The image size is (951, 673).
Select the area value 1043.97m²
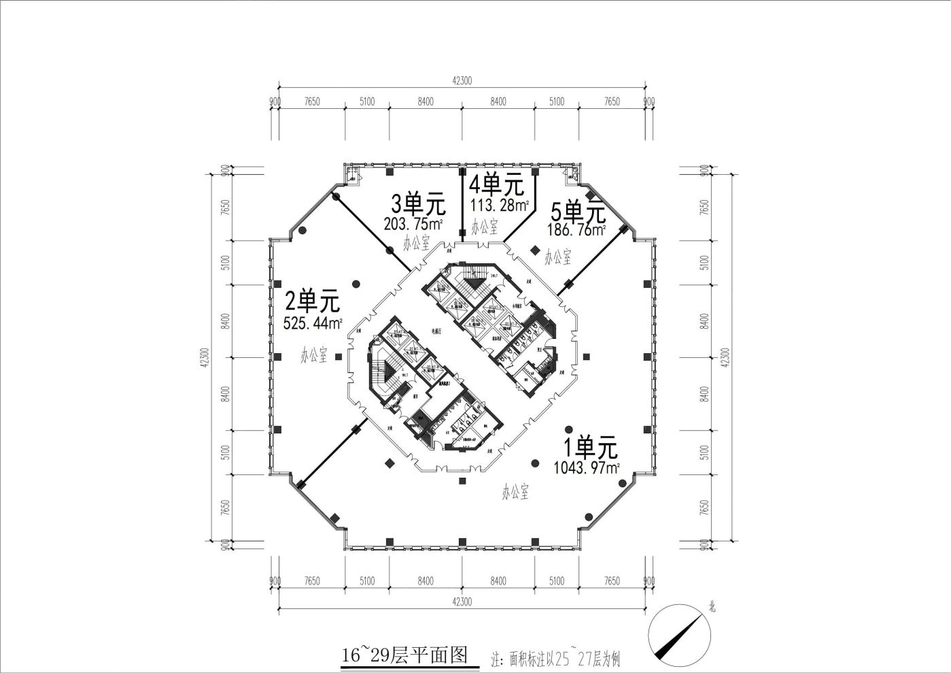click(587, 468)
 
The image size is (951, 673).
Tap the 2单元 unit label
click(312, 301)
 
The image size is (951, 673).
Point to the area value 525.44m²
click(313, 323)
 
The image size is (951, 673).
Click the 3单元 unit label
click(417, 204)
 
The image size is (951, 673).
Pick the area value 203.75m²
click(414, 224)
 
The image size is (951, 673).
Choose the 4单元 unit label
click(497, 184)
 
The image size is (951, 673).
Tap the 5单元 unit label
click(578, 212)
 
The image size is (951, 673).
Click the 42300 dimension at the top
click(462, 80)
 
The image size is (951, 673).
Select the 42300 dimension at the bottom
click(462, 602)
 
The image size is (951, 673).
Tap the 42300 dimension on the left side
click(205, 357)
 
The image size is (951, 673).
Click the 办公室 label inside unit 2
click(314, 355)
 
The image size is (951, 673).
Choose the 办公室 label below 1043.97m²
click(516, 492)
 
